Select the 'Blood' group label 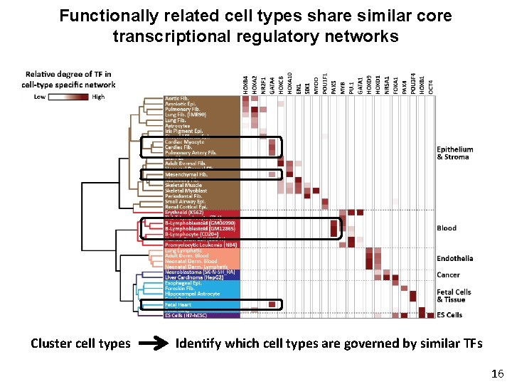click(x=447, y=228)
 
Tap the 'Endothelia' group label click(x=454, y=258)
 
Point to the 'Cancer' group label click(x=448, y=274)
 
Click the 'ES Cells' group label click(x=449, y=315)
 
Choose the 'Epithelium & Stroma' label click(x=454, y=153)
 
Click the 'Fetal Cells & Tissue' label click(x=453, y=296)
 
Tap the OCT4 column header click(x=431, y=84)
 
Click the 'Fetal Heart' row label click(x=177, y=304)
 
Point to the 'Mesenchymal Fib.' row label click(x=186, y=174)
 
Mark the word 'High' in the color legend click(x=98, y=97)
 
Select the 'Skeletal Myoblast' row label click(x=186, y=191)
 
